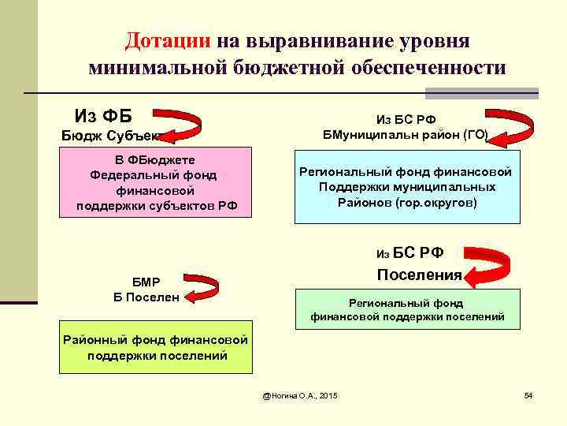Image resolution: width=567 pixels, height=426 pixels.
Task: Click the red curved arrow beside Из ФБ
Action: tap(183, 127)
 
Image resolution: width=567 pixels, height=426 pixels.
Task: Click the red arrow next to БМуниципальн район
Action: tap(513, 127)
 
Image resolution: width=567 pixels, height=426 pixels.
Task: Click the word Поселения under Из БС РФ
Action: tap(419, 275)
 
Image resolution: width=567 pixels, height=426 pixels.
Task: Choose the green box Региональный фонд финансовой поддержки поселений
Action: tap(407, 309)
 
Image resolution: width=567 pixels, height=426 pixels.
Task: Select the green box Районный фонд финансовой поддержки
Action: tap(157, 347)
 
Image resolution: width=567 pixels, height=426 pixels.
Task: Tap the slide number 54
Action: tap(528, 394)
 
